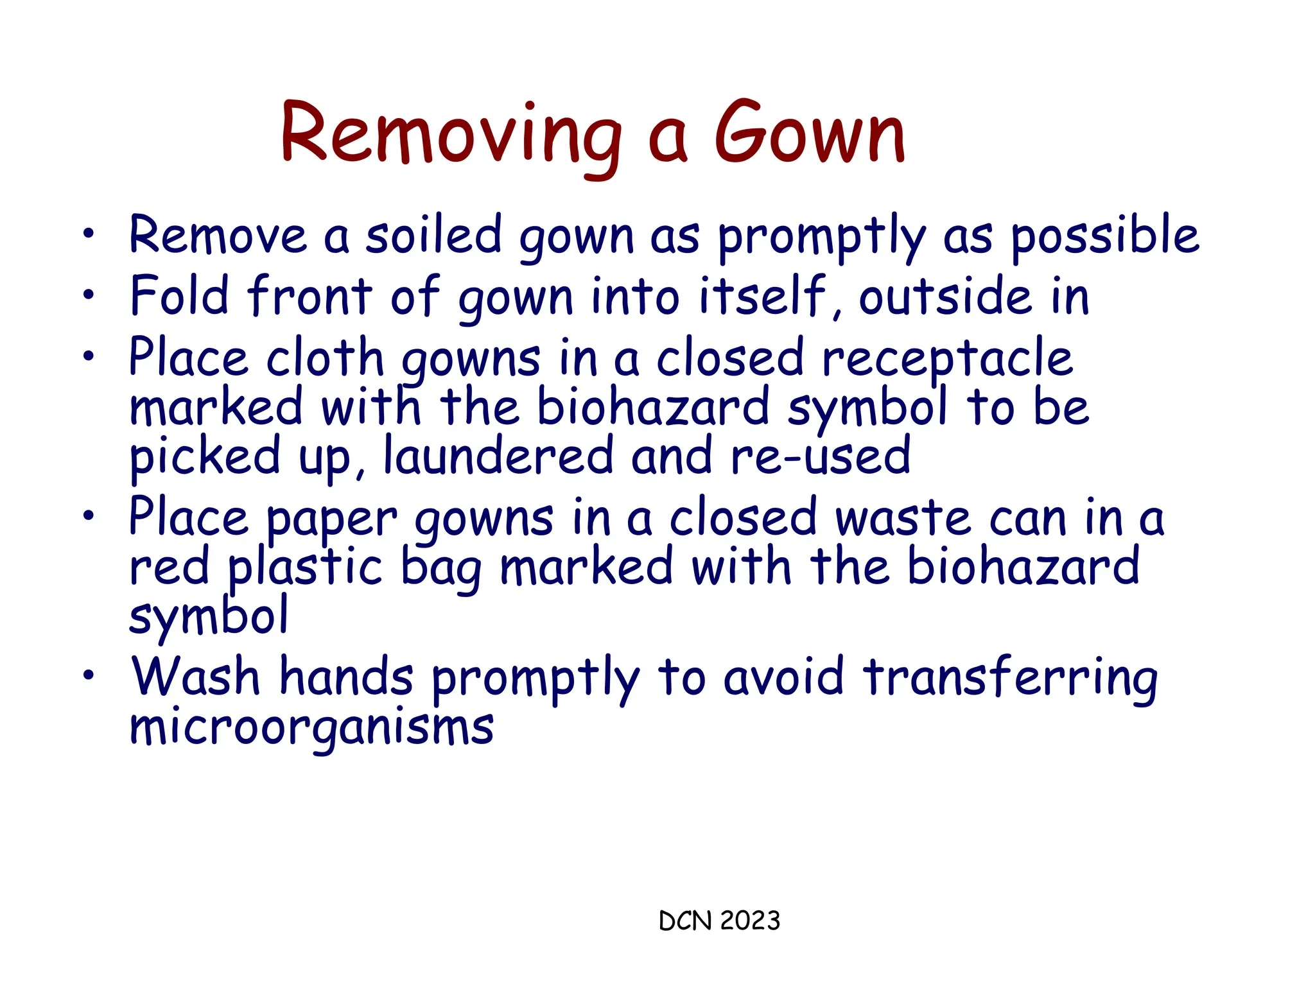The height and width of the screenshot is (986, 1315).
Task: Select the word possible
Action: click(1104, 236)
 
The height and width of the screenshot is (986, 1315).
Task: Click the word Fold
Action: click(179, 296)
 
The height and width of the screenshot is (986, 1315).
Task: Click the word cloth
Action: click(324, 358)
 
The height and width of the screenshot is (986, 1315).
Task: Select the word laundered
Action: click(498, 456)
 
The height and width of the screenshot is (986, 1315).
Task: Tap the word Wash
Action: click(195, 677)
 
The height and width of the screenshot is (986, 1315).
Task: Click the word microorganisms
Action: click(311, 729)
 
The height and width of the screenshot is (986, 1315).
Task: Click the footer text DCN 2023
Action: click(719, 921)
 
